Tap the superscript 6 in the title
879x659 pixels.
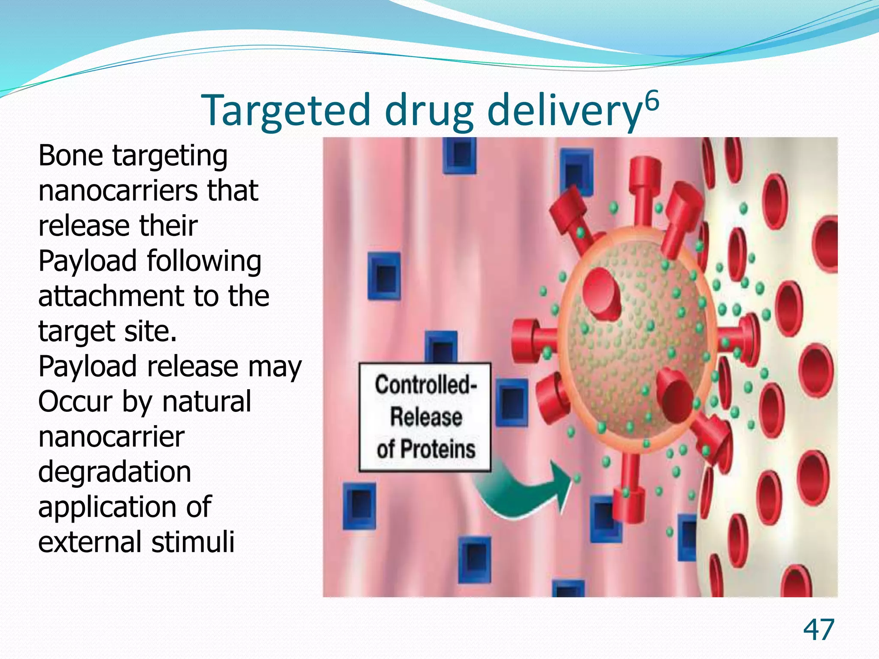click(x=651, y=102)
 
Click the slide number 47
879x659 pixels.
click(x=818, y=630)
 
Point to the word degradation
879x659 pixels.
click(x=115, y=472)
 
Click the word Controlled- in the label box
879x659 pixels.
click(x=425, y=384)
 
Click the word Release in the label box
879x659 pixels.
click(x=426, y=417)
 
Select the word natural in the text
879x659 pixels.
click(x=207, y=402)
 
